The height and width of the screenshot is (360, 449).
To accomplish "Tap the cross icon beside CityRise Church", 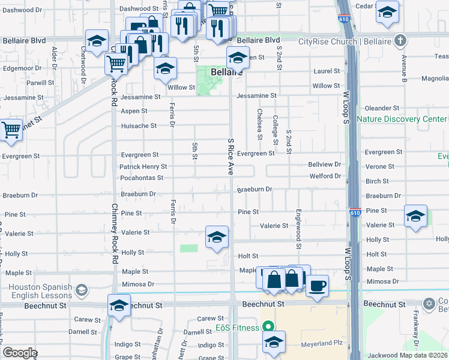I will point(400,41).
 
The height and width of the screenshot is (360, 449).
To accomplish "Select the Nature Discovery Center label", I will point(401,119).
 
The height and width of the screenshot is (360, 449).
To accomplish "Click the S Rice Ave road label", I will point(231,156).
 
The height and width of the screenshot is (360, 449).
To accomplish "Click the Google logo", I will point(20,353).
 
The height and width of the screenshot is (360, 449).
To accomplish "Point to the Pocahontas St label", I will point(142,178).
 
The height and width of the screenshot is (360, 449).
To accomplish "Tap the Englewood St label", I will point(298,229).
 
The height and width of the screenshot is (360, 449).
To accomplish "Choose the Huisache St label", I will point(139,126).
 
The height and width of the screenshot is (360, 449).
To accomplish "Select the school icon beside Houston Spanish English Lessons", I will point(80,292).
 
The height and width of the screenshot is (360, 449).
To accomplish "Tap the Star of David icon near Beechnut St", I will point(429,304).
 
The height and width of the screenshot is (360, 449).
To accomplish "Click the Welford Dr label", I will point(325,176).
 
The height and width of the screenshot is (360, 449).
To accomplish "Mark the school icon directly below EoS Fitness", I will point(274,342).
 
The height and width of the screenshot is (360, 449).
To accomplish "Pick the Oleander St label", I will point(382,108).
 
